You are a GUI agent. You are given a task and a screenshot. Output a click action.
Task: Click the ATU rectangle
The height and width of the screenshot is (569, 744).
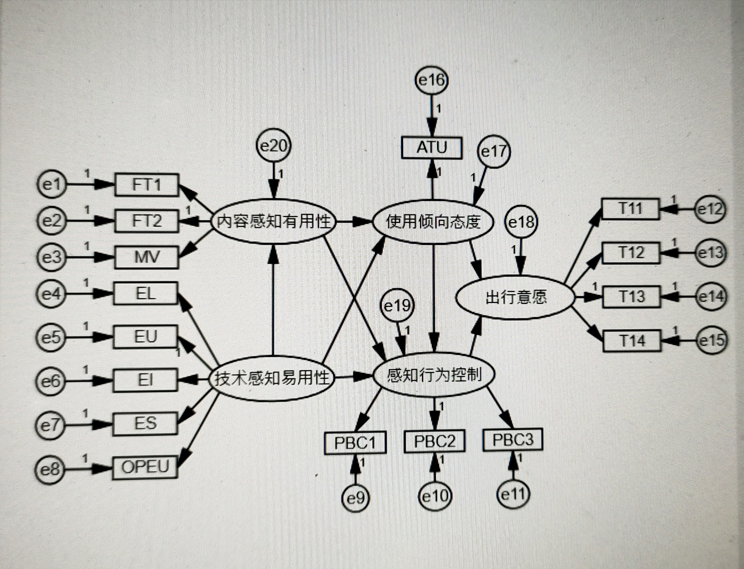431,148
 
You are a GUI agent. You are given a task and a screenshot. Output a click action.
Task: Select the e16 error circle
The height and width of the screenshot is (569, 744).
431,81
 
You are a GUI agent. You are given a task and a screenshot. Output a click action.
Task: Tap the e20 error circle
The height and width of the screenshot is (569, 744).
273,146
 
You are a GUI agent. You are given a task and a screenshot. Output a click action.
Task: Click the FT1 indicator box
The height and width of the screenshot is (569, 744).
146,185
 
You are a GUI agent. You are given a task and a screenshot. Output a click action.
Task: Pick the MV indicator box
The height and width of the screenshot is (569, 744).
146,257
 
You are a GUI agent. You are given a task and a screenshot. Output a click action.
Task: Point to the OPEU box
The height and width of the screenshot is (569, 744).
145,467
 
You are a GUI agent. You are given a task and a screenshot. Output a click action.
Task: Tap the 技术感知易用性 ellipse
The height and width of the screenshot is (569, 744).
273,377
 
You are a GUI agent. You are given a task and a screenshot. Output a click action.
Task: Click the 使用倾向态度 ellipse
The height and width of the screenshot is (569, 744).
433,222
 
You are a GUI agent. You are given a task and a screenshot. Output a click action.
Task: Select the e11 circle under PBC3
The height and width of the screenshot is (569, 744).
513,495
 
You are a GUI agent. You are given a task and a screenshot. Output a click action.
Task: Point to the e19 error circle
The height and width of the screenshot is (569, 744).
397,306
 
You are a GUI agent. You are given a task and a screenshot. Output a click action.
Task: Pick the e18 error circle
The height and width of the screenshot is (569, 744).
522,222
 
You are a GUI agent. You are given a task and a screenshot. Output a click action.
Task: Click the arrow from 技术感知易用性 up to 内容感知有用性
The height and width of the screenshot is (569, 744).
273,298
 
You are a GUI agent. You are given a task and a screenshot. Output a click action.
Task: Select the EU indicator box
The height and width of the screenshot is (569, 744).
145,337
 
